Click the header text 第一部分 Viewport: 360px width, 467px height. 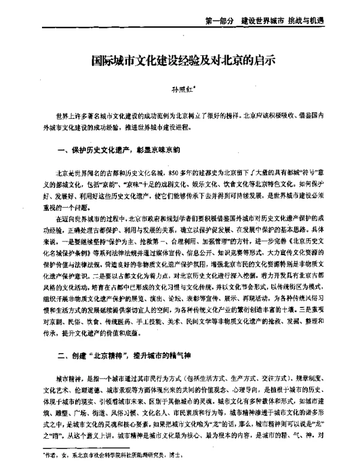tap(219, 20)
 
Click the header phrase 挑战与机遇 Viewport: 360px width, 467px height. tap(319, 20)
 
